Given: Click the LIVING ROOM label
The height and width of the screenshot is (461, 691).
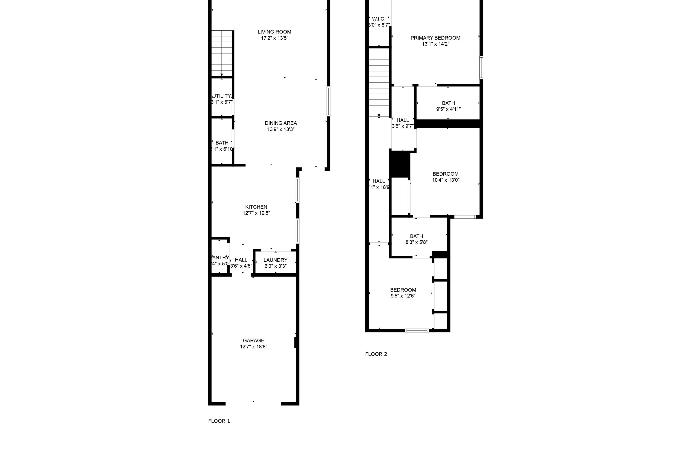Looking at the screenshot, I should [274, 32].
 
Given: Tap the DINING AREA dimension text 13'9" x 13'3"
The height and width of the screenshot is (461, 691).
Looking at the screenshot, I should [281, 129].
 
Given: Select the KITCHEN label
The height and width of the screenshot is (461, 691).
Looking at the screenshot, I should [256, 207].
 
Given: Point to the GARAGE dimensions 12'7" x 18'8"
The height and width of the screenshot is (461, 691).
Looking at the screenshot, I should [253, 347].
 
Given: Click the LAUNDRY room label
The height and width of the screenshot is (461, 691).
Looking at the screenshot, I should [275, 260].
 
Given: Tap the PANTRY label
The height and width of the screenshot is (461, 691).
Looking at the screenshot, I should [220, 257].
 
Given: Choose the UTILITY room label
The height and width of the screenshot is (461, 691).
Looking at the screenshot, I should [222, 96].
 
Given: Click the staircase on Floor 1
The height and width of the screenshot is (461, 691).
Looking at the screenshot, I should [222, 53].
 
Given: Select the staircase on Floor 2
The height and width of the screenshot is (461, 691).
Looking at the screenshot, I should [379, 82].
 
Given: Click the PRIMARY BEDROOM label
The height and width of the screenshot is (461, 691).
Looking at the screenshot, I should [435, 38].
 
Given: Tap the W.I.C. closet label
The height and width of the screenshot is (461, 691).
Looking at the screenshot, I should [378, 19].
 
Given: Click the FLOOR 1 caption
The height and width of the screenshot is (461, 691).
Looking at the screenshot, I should [219, 421].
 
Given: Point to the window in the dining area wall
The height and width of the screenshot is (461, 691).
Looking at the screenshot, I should [328, 101].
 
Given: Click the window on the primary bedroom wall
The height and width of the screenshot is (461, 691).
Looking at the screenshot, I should [481, 68].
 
